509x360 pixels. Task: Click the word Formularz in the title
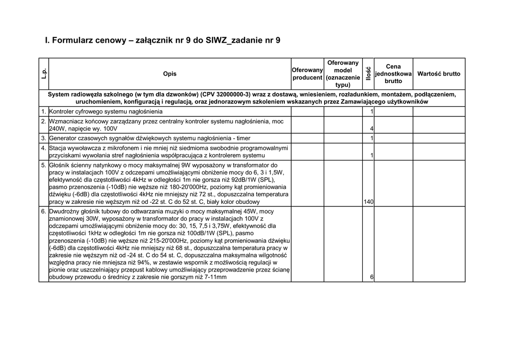(72, 39)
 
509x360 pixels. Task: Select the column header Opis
(170, 74)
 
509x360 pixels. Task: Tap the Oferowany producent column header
(308, 74)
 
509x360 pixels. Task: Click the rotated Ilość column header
(368, 74)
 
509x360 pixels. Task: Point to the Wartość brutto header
(439, 74)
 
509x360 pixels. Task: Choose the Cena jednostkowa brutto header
(393, 74)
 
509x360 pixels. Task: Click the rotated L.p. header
(44, 74)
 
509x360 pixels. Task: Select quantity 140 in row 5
(368, 202)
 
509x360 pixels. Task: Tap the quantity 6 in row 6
(372, 277)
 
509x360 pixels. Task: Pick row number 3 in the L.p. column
(44, 138)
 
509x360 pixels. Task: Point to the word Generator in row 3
(64, 138)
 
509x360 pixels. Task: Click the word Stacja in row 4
(58, 148)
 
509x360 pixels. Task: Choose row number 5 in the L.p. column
(44, 165)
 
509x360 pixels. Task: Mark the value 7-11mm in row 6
(216, 277)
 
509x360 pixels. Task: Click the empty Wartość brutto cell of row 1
(439, 111)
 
